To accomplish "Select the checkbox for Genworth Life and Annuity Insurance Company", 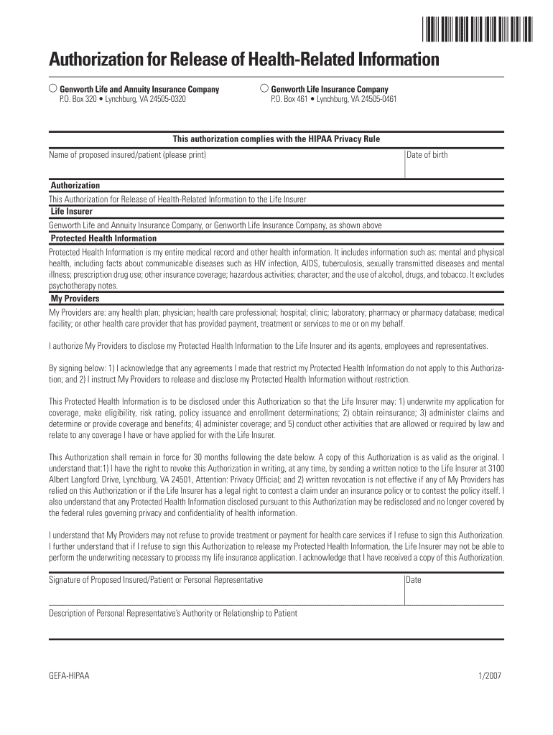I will pos(52,88).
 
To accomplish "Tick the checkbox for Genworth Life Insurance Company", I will pos(264,88).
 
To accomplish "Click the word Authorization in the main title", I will pos(96,58).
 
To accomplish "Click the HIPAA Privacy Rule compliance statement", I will pos(276,139).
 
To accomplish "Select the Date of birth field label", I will pos(427,154).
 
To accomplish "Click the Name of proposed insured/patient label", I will pos(127,154).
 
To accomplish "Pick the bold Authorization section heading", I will pos(75,185).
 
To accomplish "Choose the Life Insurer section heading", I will pos(71,212).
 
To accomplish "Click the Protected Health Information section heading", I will pos(103,238).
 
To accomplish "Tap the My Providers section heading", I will pos(75,299).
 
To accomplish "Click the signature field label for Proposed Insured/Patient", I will pos(155,579).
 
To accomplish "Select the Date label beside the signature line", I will pos(414,579).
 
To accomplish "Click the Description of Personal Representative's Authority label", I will pos(172,613).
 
